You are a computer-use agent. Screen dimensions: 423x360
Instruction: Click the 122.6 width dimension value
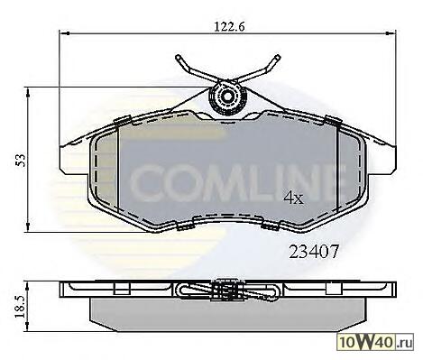pos(230,26)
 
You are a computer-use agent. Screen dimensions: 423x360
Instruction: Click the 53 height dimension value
pos(22,161)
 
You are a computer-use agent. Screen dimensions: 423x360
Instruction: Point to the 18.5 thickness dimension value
pos(22,307)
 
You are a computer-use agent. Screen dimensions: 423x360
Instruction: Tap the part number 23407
pos(314,252)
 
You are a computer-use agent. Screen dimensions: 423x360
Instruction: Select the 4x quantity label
pos(294,198)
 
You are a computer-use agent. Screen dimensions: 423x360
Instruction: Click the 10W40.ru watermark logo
pos(376,342)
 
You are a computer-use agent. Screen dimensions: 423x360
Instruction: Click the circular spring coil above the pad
pos(227,97)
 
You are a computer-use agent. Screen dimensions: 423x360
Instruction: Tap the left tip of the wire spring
pos(178,57)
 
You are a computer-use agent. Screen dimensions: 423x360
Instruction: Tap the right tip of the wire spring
pos(278,57)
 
